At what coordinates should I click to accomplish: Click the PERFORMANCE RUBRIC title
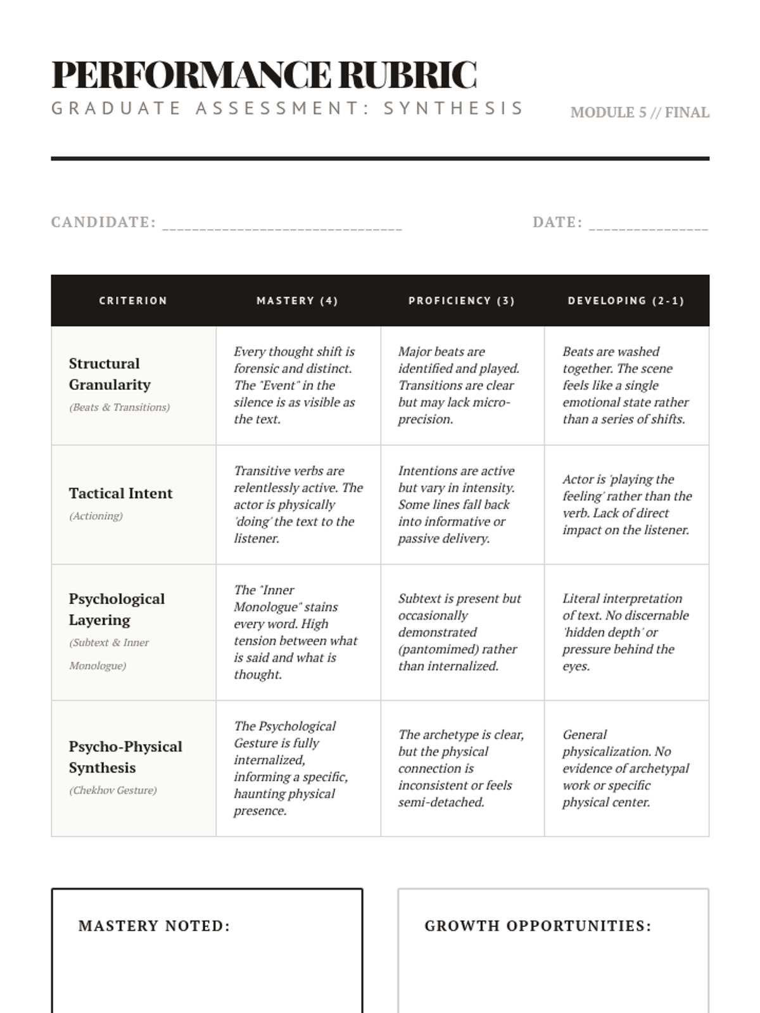pyautogui.click(x=263, y=75)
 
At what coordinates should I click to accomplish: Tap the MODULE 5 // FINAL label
pyautogui.click(x=639, y=113)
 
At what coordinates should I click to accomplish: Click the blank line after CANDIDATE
pyautogui.click(x=282, y=225)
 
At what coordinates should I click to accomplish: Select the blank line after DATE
pyautogui.click(x=648, y=225)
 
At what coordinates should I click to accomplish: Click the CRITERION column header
pyautogui.click(x=133, y=301)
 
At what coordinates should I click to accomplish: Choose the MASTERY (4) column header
pyautogui.click(x=297, y=301)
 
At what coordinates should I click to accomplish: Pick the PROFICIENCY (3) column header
pyautogui.click(x=462, y=301)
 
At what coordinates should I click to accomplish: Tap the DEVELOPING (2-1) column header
pyautogui.click(x=626, y=301)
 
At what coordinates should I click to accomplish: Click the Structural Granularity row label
pyautogui.click(x=110, y=374)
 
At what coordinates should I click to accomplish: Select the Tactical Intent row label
pyautogui.click(x=120, y=493)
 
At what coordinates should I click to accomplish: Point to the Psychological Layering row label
pyautogui.click(x=117, y=609)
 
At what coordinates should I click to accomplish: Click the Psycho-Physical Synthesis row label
pyautogui.click(x=125, y=757)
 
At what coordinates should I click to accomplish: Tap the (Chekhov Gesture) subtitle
pyautogui.click(x=113, y=790)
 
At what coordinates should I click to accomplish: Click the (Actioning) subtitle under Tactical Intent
pyautogui.click(x=96, y=516)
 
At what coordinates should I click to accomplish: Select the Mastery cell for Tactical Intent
pyautogui.click(x=298, y=505)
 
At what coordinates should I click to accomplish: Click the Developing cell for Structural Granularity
pyautogui.click(x=625, y=385)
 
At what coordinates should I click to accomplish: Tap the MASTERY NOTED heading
pyautogui.click(x=154, y=926)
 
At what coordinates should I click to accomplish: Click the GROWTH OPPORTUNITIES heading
pyautogui.click(x=538, y=926)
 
